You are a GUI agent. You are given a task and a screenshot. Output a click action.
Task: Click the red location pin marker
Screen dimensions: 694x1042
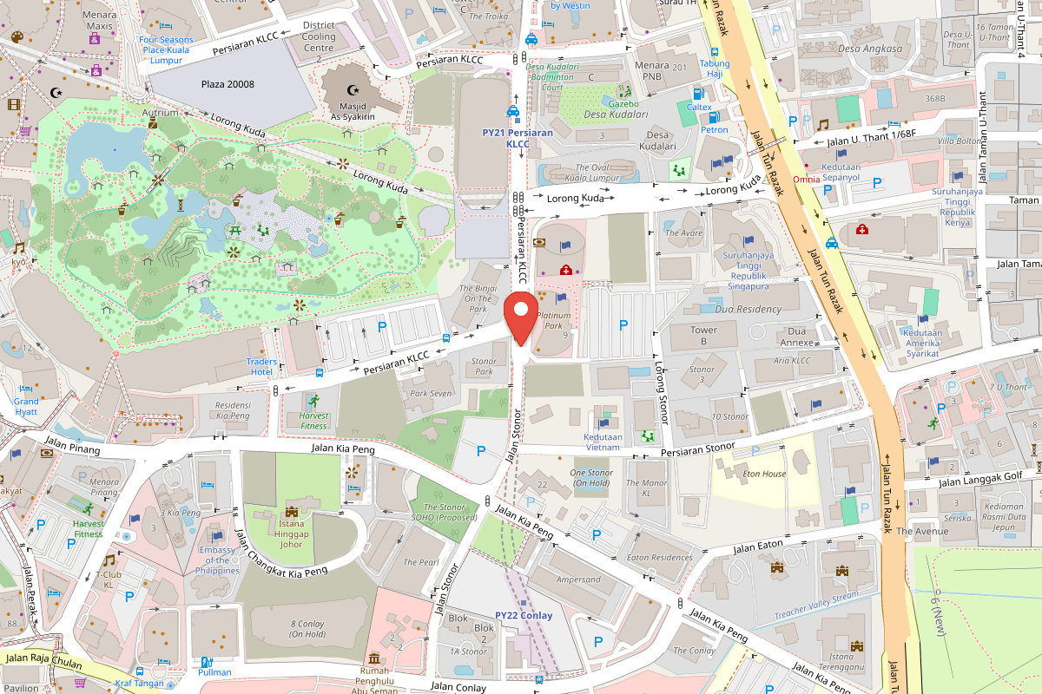(x=521, y=318)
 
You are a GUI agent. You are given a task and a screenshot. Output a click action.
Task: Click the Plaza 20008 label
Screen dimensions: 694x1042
(x=228, y=84)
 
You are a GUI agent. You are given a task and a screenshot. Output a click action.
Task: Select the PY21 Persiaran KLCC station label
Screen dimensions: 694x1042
(x=518, y=138)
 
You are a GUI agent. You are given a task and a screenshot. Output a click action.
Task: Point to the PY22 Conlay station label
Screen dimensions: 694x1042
(x=524, y=615)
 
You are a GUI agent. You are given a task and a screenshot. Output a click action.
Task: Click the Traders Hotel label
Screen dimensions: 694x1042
(x=261, y=366)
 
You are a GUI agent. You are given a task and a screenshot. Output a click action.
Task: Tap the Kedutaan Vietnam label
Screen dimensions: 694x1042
(x=603, y=442)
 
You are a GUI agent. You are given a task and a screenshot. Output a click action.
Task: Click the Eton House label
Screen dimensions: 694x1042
(x=764, y=474)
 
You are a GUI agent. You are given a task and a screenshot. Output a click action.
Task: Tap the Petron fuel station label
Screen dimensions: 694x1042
(x=714, y=130)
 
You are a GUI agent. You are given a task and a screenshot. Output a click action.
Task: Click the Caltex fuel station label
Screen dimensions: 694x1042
(x=699, y=107)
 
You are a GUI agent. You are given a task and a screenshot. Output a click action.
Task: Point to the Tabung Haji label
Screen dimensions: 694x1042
(x=715, y=69)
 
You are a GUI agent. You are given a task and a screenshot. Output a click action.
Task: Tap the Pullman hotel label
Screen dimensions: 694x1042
(x=214, y=672)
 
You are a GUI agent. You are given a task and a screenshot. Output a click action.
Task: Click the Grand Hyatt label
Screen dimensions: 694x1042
(x=26, y=407)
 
